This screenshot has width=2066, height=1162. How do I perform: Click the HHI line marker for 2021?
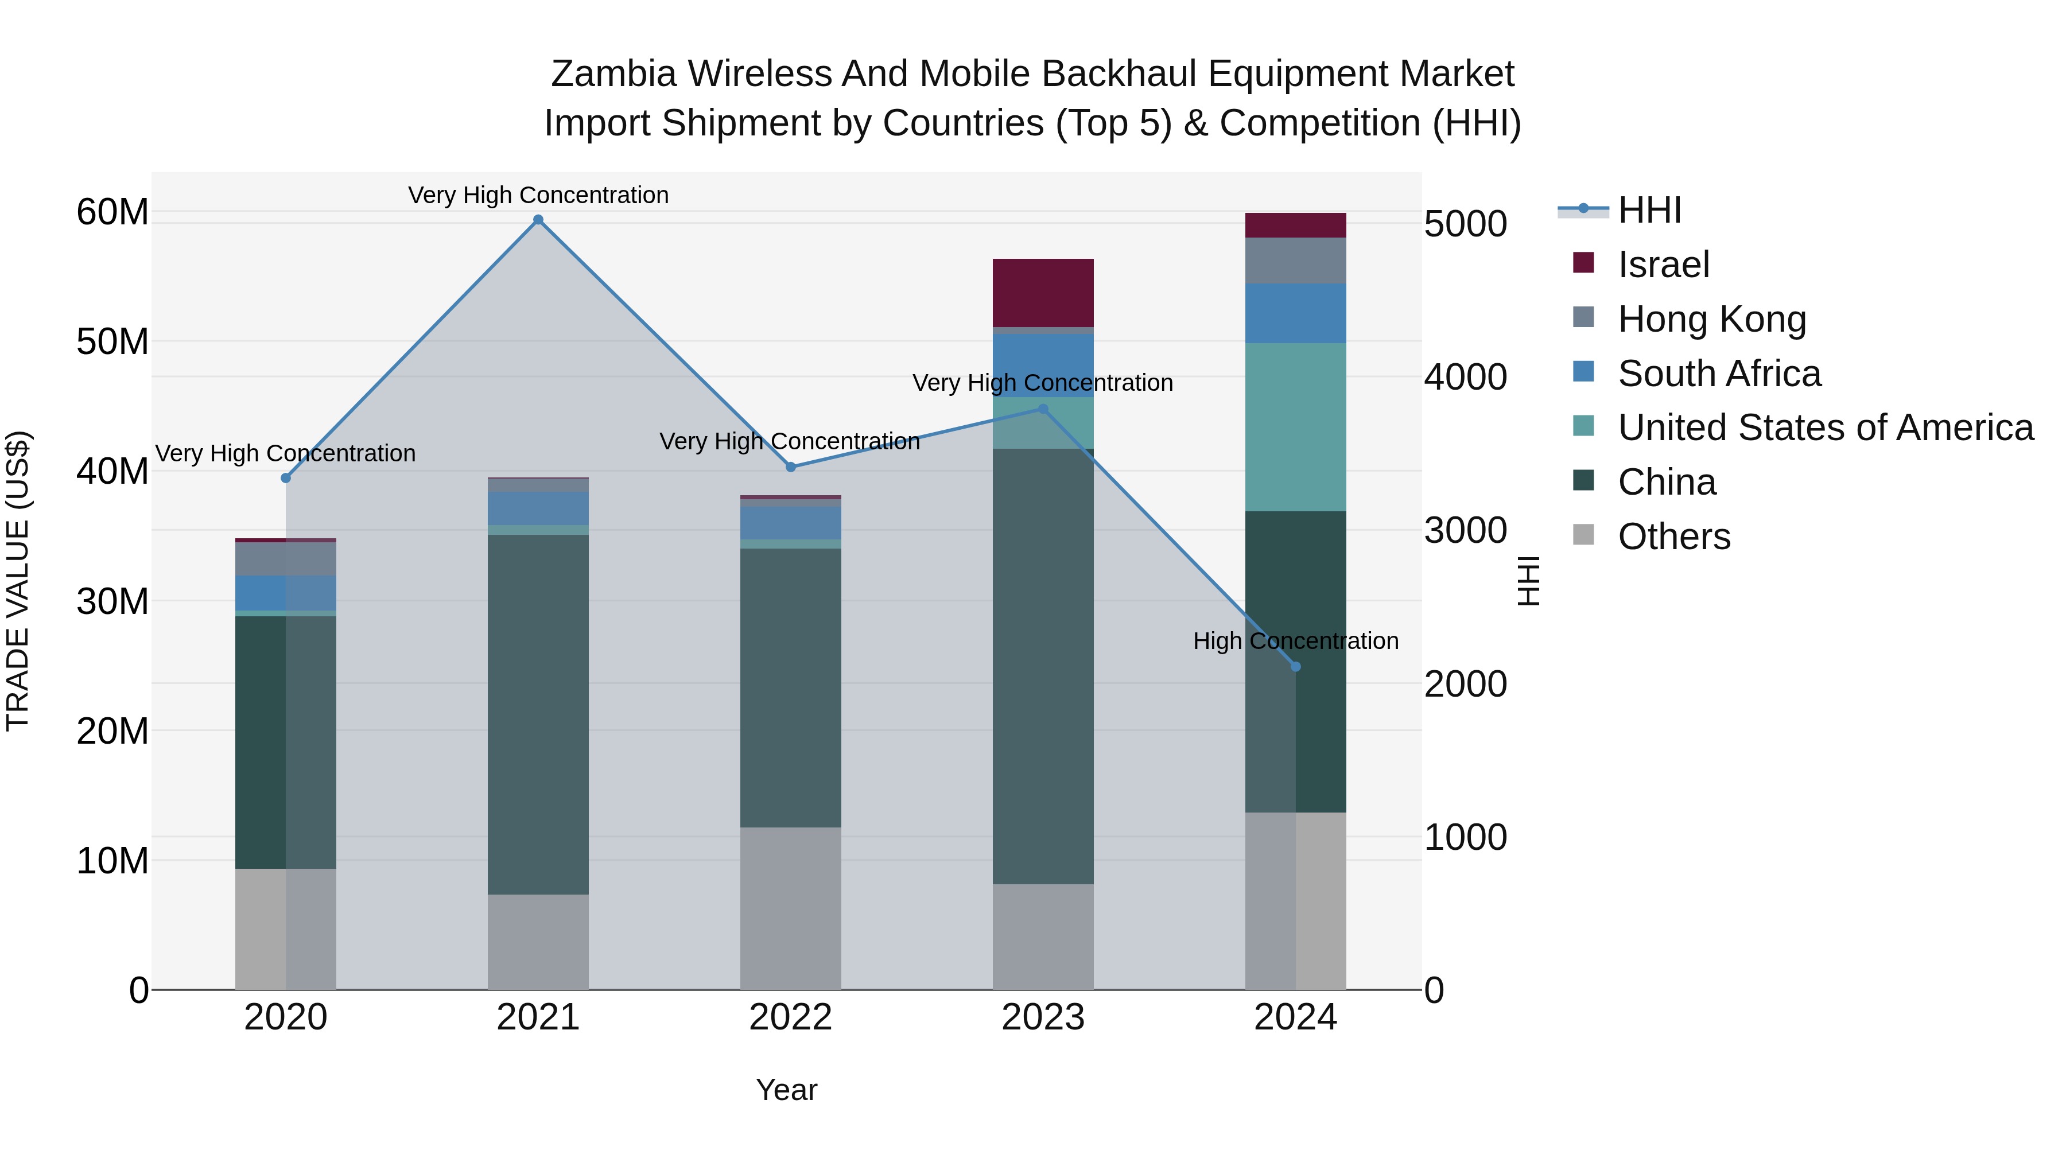click(x=538, y=220)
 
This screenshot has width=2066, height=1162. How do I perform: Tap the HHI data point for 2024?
click(x=1295, y=666)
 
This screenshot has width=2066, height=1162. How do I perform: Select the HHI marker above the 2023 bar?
click(x=1043, y=409)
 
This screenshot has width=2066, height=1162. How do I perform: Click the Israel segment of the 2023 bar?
click(x=1043, y=293)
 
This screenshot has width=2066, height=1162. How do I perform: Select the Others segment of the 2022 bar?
click(x=790, y=908)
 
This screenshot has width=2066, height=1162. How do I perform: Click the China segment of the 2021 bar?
click(x=538, y=714)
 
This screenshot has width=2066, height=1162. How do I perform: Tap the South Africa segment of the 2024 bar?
click(x=1295, y=313)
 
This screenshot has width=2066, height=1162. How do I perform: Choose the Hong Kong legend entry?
click(x=1711, y=319)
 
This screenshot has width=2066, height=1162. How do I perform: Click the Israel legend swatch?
click(x=1583, y=263)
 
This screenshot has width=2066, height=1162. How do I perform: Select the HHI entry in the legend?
click(x=1649, y=210)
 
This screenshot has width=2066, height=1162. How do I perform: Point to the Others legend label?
click(x=1674, y=537)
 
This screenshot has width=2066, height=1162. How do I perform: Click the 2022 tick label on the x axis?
click(x=790, y=1017)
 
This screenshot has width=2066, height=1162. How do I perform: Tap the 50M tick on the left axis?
click(x=112, y=341)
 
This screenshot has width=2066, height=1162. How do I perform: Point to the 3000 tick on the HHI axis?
click(x=1465, y=531)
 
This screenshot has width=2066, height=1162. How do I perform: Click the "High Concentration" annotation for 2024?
click(x=1295, y=641)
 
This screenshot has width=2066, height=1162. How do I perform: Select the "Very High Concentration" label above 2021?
click(x=538, y=195)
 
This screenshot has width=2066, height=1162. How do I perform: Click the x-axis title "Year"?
click(x=786, y=1090)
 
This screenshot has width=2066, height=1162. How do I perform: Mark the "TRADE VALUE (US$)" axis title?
click(x=18, y=581)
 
